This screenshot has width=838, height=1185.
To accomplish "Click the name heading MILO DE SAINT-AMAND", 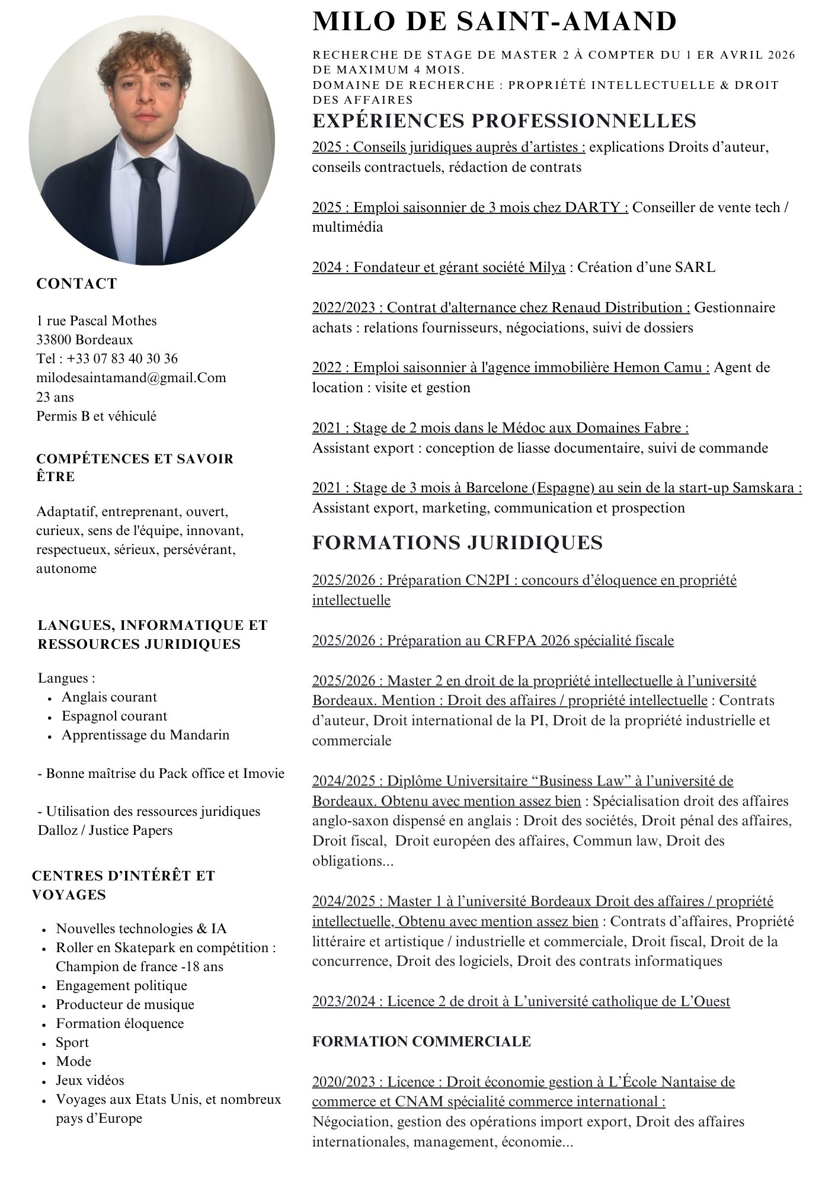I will pos(494,22).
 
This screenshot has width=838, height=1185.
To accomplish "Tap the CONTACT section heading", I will pos(77,284).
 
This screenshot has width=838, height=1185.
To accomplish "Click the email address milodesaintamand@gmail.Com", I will pos(131,378).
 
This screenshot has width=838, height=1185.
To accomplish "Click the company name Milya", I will pos(547,267).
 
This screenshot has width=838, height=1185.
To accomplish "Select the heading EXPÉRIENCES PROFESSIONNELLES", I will pos(504,121).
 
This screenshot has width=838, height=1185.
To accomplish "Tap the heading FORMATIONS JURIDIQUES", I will pos(457,543).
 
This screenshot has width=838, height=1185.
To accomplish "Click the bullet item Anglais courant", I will pos(109,697).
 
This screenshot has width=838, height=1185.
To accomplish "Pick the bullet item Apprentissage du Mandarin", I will pos(145,735).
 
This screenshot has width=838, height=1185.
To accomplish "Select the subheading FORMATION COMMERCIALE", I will pos(421,1042).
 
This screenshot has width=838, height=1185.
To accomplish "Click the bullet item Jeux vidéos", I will pos(90,1081).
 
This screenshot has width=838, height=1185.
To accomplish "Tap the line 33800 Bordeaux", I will pos(85,340).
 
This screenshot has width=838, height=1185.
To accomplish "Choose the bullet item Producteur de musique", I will pos(125,1005).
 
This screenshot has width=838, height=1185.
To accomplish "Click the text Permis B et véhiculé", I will pos(97,416).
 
